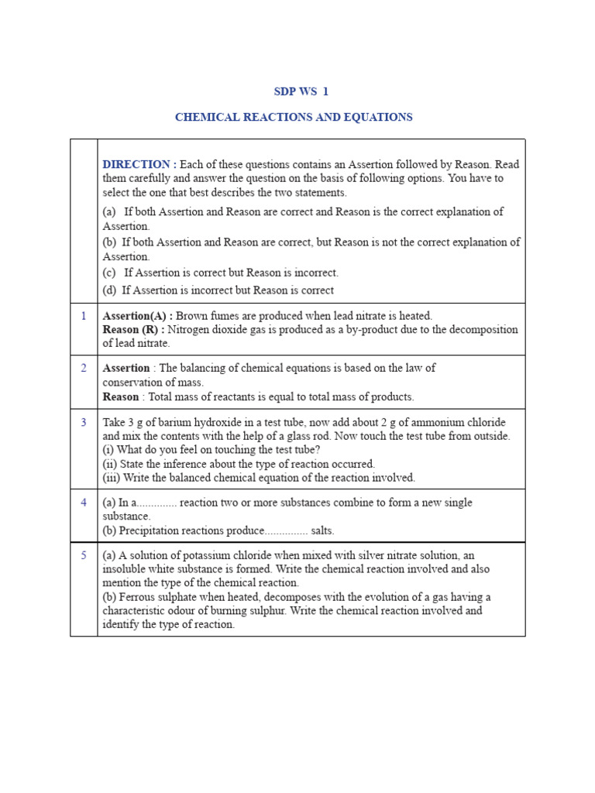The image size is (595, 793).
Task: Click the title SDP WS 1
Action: pyautogui.click(x=301, y=91)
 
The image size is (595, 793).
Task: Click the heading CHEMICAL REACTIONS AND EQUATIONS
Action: pyautogui.click(x=294, y=118)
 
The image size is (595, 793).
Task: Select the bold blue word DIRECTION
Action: pyautogui.click(x=137, y=164)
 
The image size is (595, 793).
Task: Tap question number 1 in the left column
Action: pyautogui.click(x=84, y=315)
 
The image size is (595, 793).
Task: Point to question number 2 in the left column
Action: pyautogui.click(x=84, y=368)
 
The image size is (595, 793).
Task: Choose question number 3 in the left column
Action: pyautogui.click(x=84, y=421)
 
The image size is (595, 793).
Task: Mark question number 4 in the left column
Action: pyautogui.click(x=84, y=502)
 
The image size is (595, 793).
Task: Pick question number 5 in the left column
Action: pyautogui.click(x=84, y=555)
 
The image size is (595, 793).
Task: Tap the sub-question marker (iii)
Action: pyautogui.click(x=111, y=478)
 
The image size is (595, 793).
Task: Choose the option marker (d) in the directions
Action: pyautogui.click(x=110, y=290)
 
